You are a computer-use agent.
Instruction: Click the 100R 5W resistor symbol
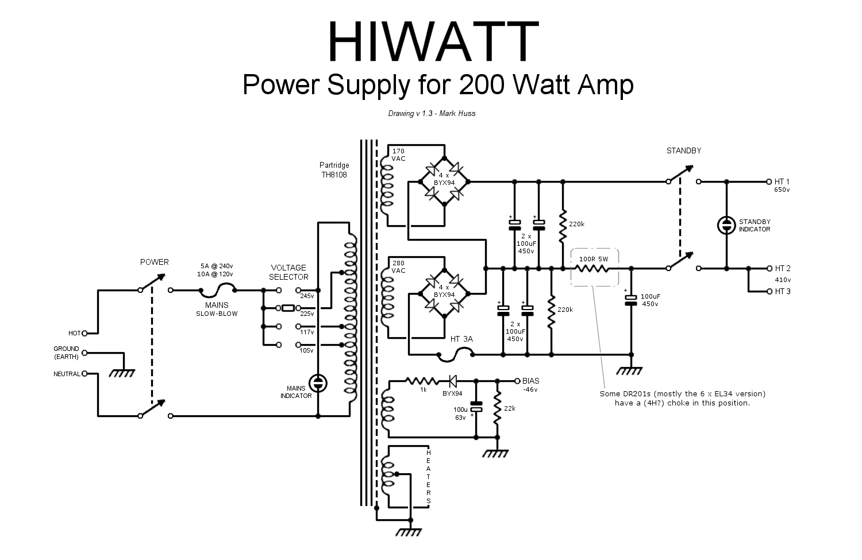click(x=594, y=268)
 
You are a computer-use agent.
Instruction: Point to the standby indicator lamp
click(x=726, y=225)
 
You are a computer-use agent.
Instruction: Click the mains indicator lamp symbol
click(x=317, y=384)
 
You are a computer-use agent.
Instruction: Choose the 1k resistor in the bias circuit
click(x=423, y=380)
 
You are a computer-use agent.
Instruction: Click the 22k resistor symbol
click(x=498, y=407)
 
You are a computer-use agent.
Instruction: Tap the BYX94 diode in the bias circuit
click(x=452, y=380)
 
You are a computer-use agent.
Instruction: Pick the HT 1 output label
click(x=782, y=181)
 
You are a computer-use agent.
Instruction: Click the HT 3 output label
click(x=782, y=291)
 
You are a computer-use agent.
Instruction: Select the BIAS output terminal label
click(x=531, y=380)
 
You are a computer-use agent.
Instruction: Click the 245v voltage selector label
click(x=307, y=296)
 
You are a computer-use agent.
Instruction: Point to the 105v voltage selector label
click(x=307, y=350)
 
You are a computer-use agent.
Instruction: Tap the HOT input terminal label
click(x=75, y=333)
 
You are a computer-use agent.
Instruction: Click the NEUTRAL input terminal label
click(x=67, y=374)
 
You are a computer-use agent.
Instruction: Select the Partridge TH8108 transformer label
click(x=334, y=169)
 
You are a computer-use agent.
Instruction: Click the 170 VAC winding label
click(x=398, y=155)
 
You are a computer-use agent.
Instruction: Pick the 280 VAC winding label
click(x=398, y=267)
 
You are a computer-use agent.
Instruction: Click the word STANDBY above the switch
click(x=684, y=151)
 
